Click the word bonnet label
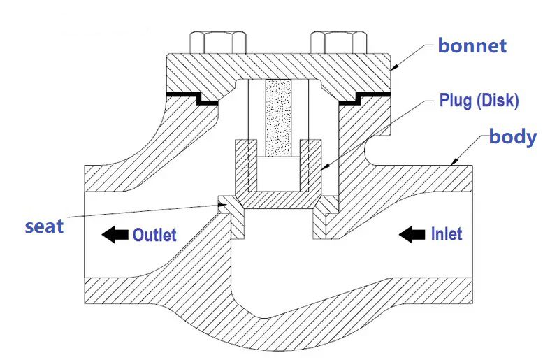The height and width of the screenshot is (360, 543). (x=472, y=46)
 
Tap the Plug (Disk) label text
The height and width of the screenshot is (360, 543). (x=479, y=100)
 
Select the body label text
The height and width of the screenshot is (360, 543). (x=512, y=136)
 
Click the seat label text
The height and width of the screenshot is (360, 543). (x=44, y=226)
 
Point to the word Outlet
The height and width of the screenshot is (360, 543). (x=154, y=235)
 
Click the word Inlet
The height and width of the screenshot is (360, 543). (x=447, y=233)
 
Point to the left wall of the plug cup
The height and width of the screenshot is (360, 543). (x=242, y=168)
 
